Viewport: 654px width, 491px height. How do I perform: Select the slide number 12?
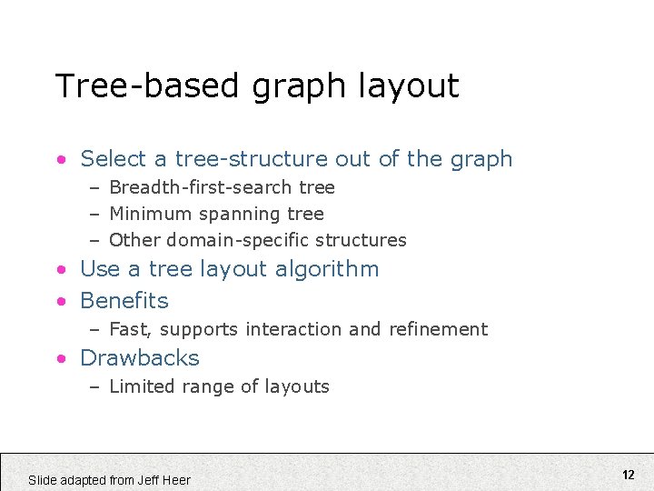(x=628, y=475)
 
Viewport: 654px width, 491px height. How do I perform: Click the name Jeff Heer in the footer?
(x=164, y=480)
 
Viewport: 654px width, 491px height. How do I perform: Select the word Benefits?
(x=124, y=300)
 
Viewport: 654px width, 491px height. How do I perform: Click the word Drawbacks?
(x=140, y=357)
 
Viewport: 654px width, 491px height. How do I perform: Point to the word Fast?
(x=127, y=329)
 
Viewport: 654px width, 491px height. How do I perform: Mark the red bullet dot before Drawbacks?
(x=60, y=358)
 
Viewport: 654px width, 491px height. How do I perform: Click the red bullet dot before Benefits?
(x=60, y=301)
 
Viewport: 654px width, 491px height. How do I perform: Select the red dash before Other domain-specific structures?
(x=94, y=241)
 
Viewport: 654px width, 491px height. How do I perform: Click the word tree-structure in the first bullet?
(x=251, y=159)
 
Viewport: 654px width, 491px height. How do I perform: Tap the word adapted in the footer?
(x=82, y=480)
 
